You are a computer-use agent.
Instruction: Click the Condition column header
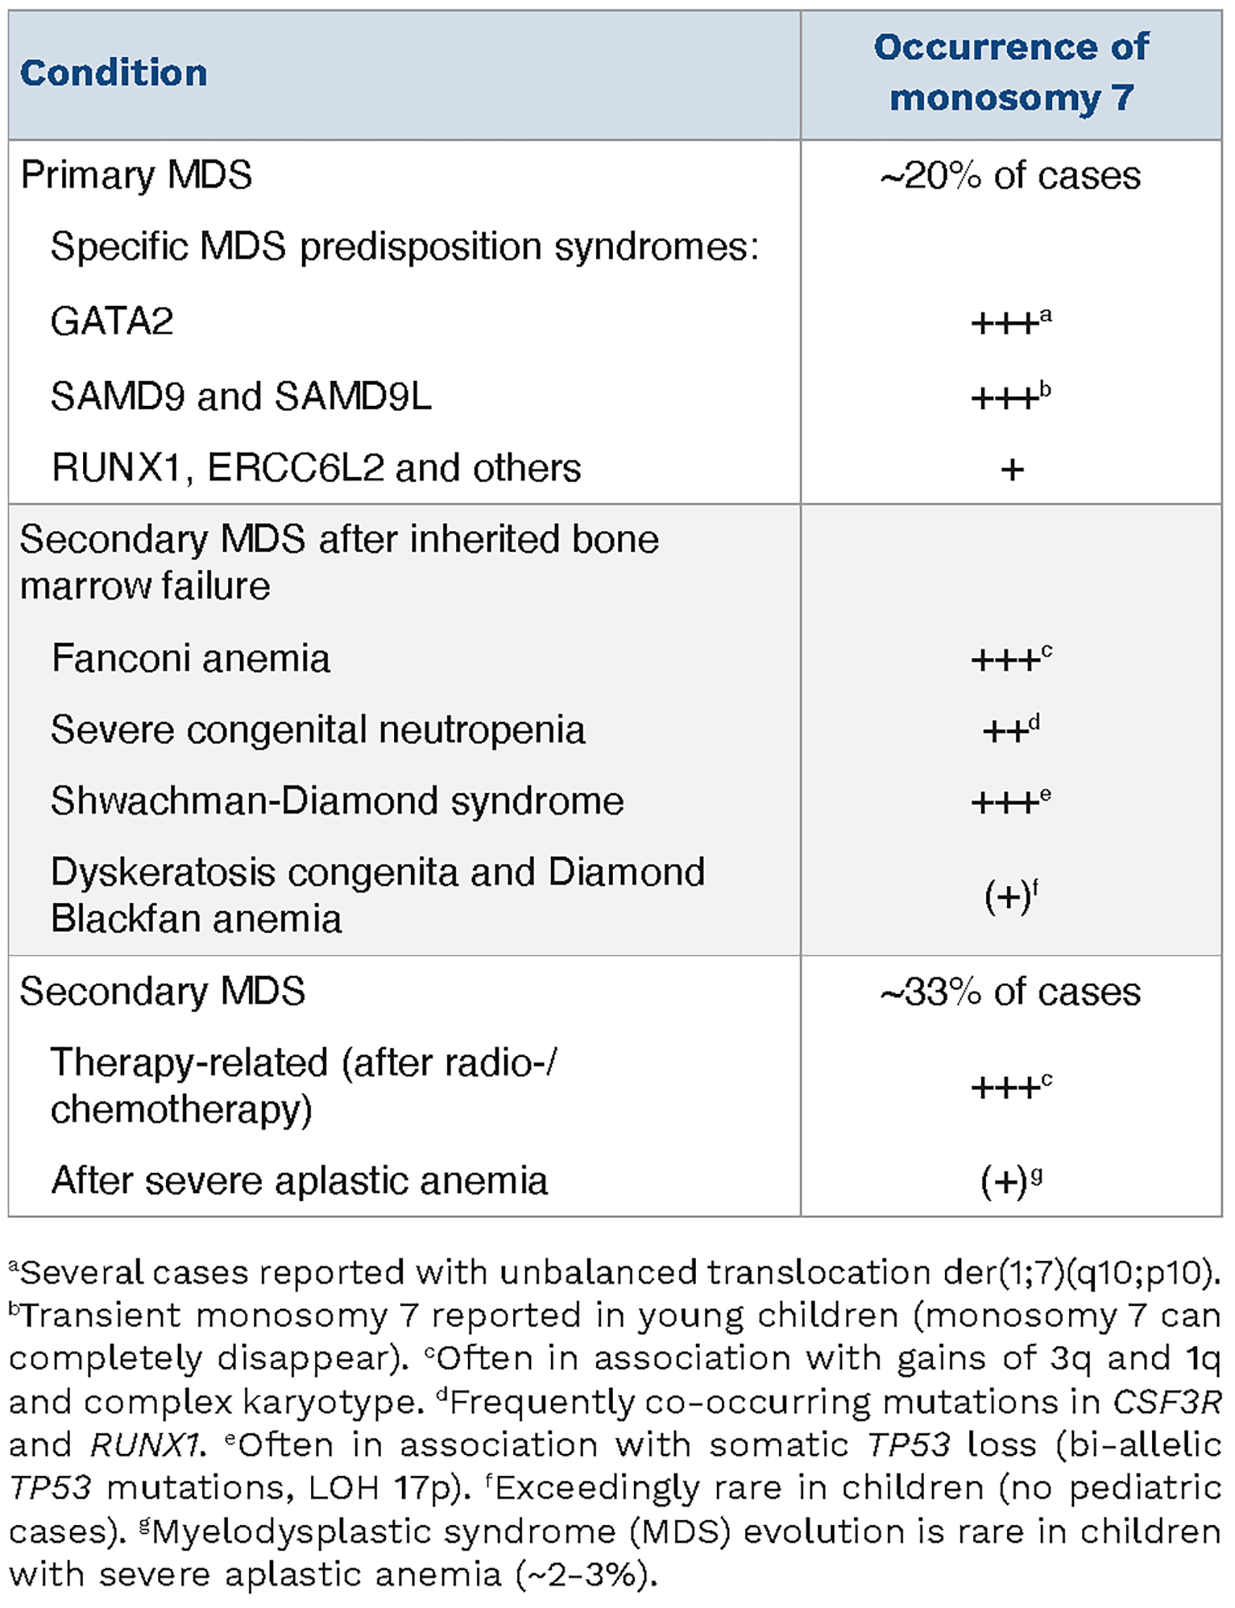pos(113,73)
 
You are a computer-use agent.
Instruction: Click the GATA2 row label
pos(112,321)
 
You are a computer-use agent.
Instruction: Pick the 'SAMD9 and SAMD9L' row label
pos(241,397)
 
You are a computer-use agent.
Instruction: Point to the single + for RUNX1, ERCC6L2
pos(1012,469)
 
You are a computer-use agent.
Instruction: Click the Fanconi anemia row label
pos(191,658)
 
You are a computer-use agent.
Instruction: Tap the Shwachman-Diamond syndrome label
pos(337,801)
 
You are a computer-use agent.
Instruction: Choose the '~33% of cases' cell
pos(1010,992)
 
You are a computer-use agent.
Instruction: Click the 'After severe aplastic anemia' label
pos(299,1181)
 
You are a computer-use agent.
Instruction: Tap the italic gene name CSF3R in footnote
pos(1166,1401)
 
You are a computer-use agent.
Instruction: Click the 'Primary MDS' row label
pos(136,175)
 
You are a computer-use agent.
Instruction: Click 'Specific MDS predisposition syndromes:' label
pos(405,246)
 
